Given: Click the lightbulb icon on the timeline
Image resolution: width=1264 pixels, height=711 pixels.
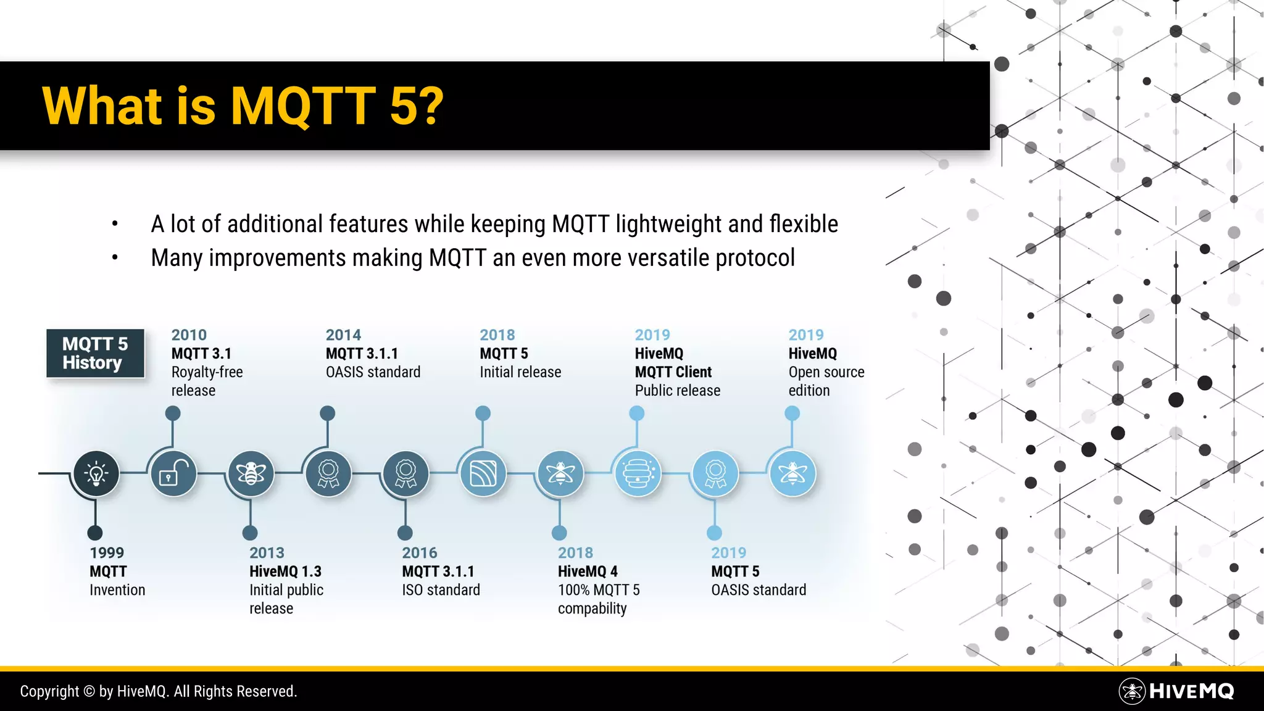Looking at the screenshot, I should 96,473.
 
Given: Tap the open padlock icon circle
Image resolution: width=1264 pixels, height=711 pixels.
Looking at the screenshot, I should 173,473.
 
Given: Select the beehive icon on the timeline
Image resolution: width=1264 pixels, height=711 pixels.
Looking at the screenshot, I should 638,473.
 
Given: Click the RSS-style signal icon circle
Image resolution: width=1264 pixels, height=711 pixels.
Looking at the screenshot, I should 483,473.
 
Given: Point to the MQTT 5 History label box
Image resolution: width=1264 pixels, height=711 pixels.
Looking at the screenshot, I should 95,353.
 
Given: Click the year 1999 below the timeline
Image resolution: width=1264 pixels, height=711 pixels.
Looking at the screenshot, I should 107,553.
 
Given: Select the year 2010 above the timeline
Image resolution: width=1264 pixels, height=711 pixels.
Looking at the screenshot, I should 189,335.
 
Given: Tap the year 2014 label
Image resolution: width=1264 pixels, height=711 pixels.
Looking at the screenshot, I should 343,335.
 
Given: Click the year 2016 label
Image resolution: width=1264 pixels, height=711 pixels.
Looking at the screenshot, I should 420,553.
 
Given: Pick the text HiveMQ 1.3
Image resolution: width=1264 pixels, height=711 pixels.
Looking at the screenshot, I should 285,572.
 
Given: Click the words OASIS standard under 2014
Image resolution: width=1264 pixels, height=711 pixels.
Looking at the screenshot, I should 373,372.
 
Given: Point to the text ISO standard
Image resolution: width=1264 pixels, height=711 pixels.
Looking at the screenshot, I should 441,590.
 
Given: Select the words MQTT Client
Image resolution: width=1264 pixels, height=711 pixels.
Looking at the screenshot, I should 673,372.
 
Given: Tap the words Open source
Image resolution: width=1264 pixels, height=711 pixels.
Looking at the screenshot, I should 826,372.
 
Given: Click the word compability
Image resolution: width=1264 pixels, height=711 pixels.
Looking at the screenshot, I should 592,609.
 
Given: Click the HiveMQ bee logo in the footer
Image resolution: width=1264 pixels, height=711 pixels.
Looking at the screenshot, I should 1132,691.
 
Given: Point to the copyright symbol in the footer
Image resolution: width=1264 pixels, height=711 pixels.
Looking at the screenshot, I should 89,692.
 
